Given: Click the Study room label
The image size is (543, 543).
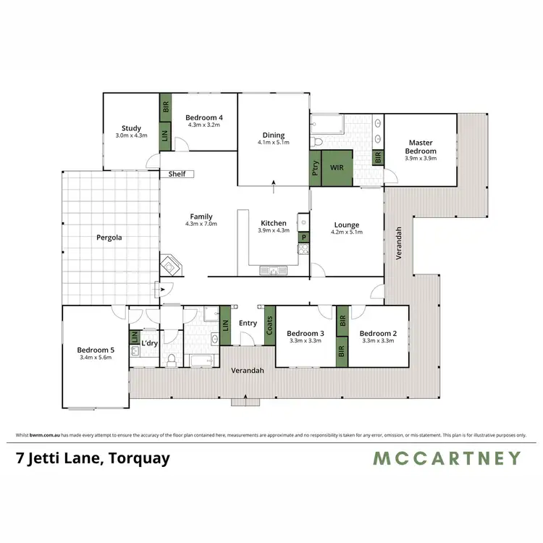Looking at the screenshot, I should (132, 128).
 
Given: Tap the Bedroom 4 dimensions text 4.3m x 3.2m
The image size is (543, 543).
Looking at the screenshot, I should (203, 125).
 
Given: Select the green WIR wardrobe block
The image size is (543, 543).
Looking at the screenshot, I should (337, 167).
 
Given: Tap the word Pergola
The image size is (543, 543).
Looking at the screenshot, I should (109, 237).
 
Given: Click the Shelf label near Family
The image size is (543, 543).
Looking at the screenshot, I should (177, 174).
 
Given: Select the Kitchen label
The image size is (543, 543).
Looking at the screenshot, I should (274, 223).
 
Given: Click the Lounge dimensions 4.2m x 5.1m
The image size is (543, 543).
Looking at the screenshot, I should (345, 232).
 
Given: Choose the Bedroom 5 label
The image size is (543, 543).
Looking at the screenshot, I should (96, 350).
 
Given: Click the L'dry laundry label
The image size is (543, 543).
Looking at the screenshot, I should (150, 343).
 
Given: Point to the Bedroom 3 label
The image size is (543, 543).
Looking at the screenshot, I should (305, 333).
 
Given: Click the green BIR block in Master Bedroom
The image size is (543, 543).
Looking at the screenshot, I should (377, 156).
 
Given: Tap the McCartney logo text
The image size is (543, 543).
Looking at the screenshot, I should (447, 458).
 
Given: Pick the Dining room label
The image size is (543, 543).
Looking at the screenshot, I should (274, 135).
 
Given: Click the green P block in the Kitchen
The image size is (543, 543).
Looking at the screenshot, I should (304, 237).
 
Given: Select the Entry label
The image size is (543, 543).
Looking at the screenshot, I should (247, 323).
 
